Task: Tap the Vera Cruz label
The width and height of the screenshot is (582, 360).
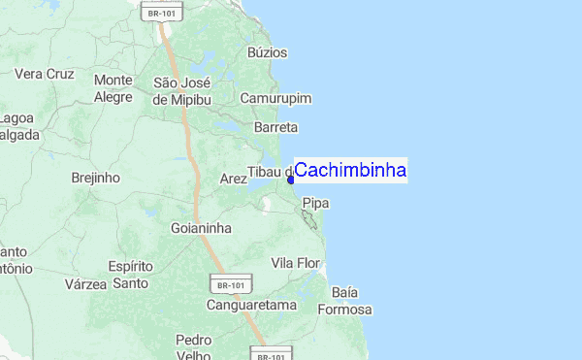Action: click(45, 73)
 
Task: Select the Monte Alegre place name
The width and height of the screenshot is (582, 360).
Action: click(113, 88)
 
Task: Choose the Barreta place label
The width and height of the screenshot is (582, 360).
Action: click(275, 127)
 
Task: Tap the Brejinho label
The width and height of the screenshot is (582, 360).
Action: click(95, 178)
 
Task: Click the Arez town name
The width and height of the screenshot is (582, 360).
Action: click(234, 179)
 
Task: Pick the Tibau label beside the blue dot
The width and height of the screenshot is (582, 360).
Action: click(269, 172)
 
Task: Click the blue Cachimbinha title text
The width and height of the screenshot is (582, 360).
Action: click(350, 171)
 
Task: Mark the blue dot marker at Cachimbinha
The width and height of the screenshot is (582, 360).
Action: click(290, 179)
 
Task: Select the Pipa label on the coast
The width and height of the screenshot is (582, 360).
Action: click(316, 202)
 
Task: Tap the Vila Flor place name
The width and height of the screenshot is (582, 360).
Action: click(295, 263)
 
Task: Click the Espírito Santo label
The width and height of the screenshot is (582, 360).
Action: click(130, 275)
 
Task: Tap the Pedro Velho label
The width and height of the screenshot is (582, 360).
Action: click(194, 348)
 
